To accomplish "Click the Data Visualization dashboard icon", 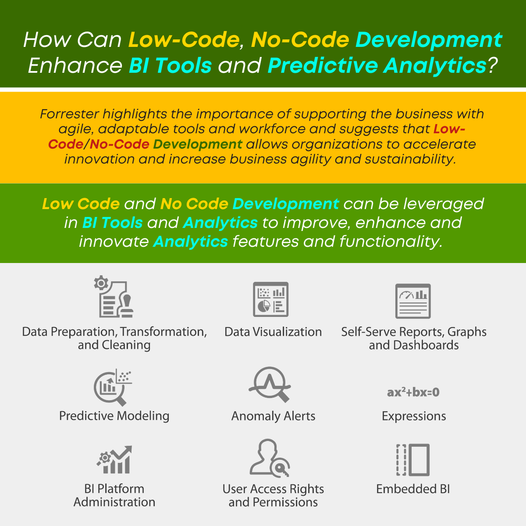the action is tap(270, 299).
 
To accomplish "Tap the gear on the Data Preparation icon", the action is tap(101, 283).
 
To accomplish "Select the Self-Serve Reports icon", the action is tap(413, 301).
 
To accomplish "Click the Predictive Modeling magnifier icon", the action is tap(113, 387).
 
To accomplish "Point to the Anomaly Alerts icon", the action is tap(270, 384).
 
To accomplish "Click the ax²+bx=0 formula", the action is tap(413, 392).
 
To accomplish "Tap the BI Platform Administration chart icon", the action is tap(114, 460).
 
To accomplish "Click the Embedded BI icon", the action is tap(413, 460).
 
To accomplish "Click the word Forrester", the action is tap(69, 114).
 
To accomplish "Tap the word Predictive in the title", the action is tap(323, 65).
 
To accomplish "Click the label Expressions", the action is tap(414, 416).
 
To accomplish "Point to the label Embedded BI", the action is tap(413, 489).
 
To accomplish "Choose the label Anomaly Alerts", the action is tap(273, 416).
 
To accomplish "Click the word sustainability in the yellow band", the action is tap(410, 159).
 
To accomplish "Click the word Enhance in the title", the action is tap(75, 65).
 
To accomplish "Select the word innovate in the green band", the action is tap(114, 242).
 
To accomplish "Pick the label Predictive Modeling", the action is tap(114, 416).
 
